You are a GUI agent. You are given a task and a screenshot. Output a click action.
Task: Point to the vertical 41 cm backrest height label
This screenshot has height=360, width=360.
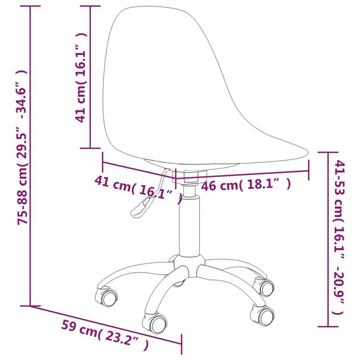(81, 77)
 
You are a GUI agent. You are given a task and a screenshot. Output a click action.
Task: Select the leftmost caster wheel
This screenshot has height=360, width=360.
(107, 296)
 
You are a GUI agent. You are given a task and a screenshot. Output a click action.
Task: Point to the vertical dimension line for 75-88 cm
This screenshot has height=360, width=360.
(30, 155)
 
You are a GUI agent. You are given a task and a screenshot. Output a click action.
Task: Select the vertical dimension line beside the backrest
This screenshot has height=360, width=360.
(90, 77)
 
